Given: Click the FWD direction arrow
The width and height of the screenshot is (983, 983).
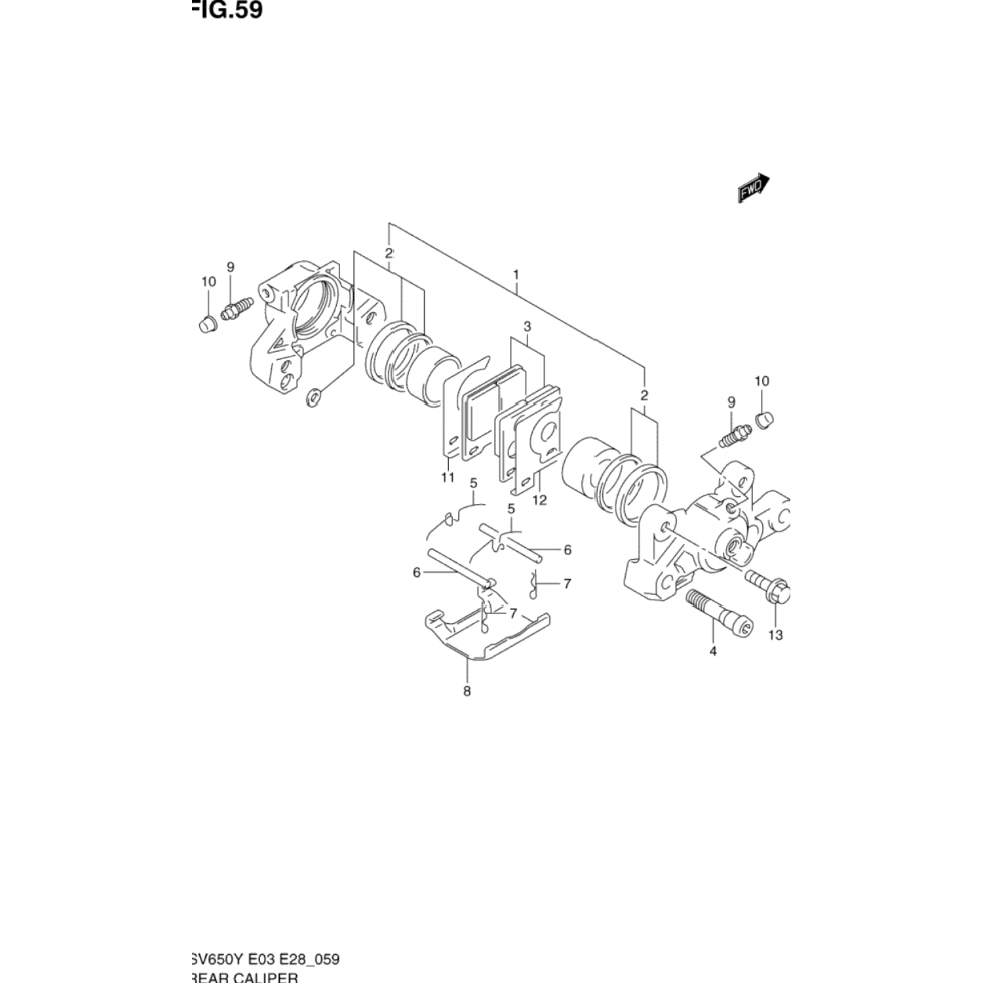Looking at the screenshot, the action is pyautogui.click(x=753, y=188).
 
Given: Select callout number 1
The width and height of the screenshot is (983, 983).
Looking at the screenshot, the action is pyautogui.click(x=516, y=273).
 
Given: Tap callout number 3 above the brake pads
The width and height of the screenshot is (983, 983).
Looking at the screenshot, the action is pyautogui.click(x=527, y=326).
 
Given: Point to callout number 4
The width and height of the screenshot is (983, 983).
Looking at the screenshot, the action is pyautogui.click(x=713, y=651).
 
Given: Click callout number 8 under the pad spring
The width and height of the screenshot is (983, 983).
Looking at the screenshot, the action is pyautogui.click(x=467, y=691).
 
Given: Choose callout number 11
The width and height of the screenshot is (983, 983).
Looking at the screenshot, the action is pyautogui.click(x=448, y=477).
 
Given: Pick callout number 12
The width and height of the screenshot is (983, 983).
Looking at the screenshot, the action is pyautogui.click(x=539, y=501).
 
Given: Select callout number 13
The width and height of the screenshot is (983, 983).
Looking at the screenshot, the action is pyautogui.click(x=775, y=635).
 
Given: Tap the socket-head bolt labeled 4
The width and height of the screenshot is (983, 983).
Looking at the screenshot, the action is pyautogui.click(x=720, y=609).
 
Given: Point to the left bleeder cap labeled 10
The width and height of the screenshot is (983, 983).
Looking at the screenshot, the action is pyautogui.click(x=207, y=324).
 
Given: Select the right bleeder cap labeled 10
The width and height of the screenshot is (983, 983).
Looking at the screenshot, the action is pyautogui.click(x=764, y=419).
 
